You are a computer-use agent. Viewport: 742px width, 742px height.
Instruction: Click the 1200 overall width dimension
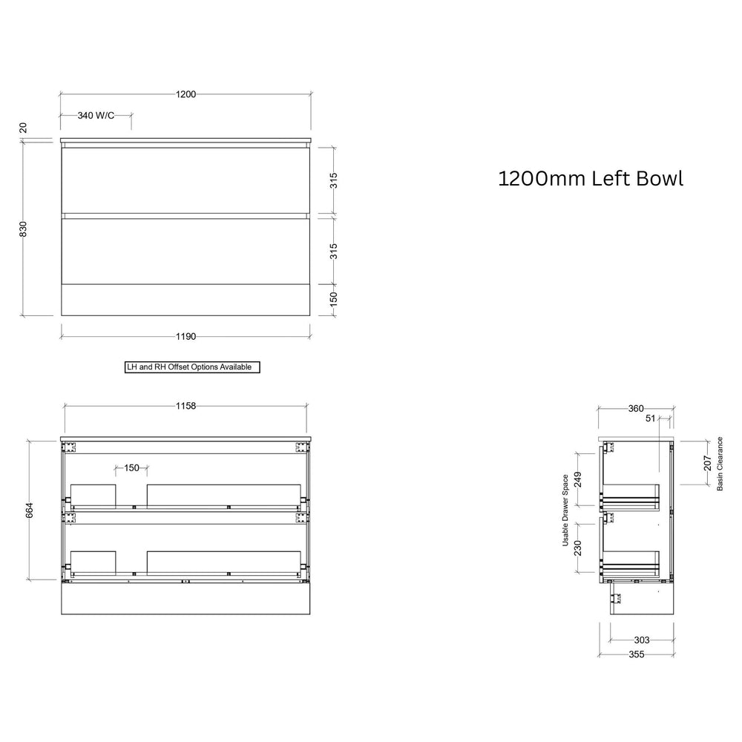click(x=185, y=94)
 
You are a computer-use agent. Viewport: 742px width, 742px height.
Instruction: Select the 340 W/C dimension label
click(x=96, y=116)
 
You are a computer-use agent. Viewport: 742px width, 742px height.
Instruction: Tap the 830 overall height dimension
click(x=23, y=229)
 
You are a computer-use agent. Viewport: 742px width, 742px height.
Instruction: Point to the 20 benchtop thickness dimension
click(x=23, y=128)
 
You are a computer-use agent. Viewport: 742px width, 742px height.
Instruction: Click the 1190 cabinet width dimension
click(x=185, y=336)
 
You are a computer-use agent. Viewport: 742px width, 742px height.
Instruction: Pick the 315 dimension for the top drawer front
click(x=334, y=180)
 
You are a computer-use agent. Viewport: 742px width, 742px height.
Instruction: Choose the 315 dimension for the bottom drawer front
click(x=334, y=250)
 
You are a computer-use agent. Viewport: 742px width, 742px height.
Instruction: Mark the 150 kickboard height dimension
click(x=334, y=298)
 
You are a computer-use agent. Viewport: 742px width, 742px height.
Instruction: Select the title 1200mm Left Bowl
click(x=590, y=179)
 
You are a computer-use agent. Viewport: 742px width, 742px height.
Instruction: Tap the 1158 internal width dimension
click(x=185, y=406)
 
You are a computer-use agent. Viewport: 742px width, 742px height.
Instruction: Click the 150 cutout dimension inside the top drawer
click(x=131, y=468)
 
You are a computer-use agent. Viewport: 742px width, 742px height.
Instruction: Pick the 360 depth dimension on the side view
click(x=636, y=408)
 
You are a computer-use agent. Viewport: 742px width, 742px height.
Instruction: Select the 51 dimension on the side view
click(x=651, y=419)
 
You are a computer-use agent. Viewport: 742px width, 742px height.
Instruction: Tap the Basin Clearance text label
click(x=720, y=464)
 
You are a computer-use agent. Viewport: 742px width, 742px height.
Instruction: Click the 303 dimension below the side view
click(x=642, y=640)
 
